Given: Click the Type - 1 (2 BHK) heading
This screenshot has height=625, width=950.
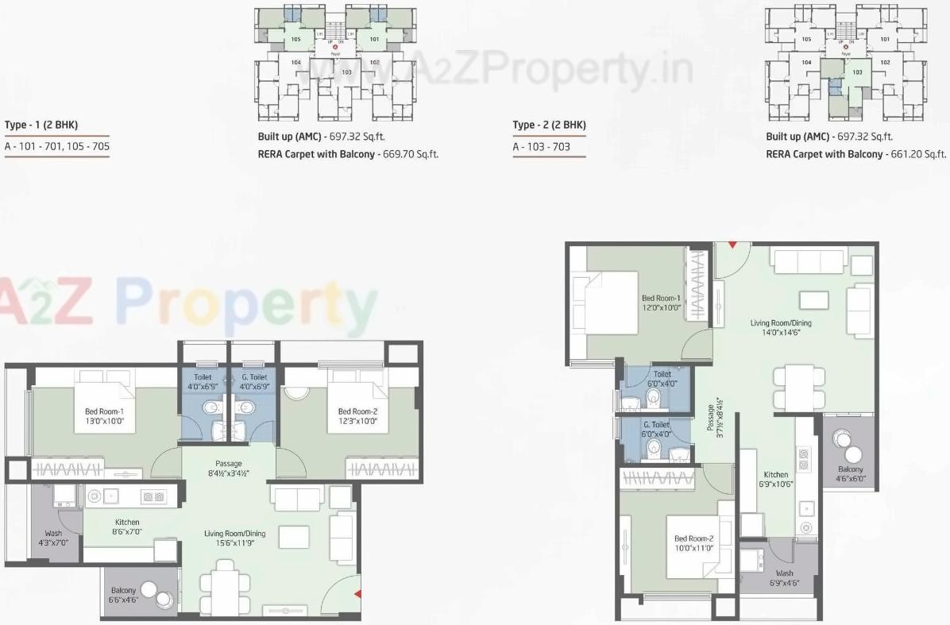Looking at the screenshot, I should [41, 125].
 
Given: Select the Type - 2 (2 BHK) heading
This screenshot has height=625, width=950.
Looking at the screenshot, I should [549, 125].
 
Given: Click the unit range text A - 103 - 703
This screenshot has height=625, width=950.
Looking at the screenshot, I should [542, 147].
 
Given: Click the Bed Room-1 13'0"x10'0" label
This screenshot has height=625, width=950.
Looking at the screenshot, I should [105, 416].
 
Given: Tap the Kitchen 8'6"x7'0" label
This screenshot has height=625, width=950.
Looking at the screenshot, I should [126, 527].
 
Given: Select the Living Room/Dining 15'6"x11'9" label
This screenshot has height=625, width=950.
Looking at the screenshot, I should [234, 538].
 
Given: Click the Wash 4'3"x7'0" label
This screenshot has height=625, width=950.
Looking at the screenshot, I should [54, 538].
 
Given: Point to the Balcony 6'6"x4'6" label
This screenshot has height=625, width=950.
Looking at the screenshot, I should [123, 595].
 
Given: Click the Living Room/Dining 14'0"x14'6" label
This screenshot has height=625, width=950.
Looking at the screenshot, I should [781, 328].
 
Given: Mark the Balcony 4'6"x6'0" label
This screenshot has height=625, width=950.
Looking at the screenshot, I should [850, 474].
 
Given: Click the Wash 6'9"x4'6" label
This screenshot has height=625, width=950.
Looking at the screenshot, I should [784, 577].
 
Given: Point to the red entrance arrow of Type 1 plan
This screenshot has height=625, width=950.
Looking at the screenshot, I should [357, 593].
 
